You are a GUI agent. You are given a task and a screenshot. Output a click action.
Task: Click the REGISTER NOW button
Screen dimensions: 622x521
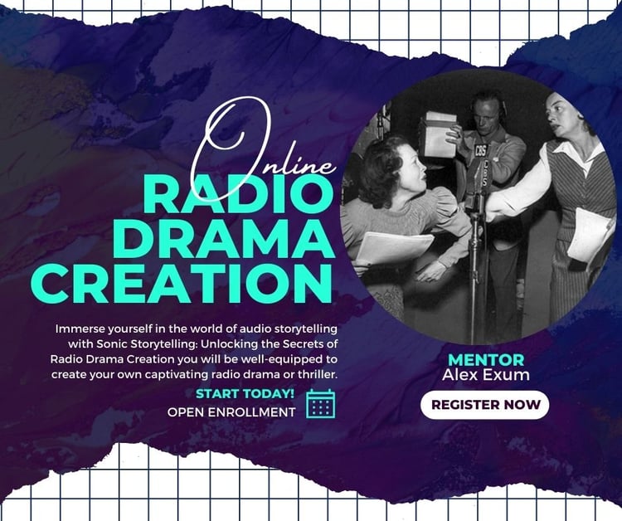(485, 405)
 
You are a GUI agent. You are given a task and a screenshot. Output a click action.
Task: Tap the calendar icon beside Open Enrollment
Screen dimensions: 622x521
(320, 403)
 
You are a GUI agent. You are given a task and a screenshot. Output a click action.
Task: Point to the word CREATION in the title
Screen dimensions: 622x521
(186, 283)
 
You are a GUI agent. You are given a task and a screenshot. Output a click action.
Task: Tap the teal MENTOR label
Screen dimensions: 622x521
(486, 360)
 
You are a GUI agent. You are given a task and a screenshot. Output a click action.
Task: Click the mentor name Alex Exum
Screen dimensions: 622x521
(485, 375)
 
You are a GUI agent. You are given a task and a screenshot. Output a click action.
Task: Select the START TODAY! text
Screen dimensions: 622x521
(245, 394)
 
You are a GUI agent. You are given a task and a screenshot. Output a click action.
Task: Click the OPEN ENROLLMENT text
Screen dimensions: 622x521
(231, 412)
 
